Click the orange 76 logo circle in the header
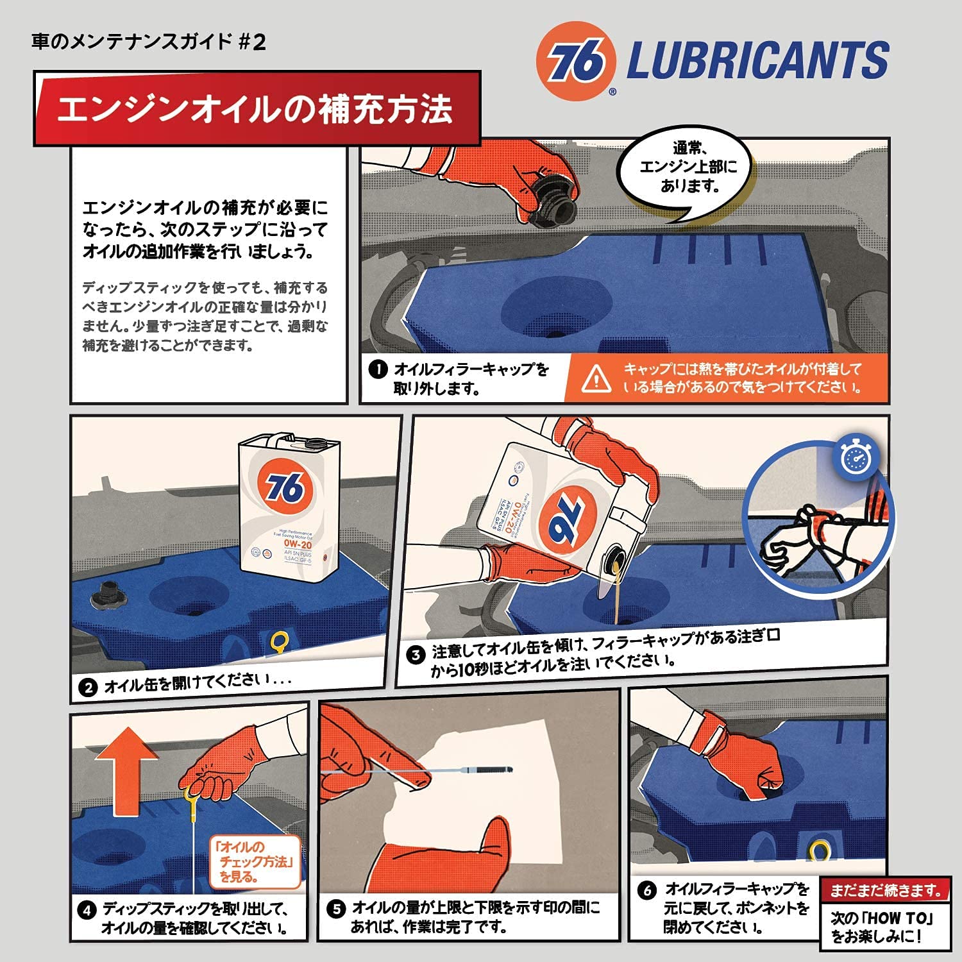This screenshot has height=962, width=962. (x=576, y=61)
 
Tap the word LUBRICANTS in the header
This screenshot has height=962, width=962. (x=757, y=60)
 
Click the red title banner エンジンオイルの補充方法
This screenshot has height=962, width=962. (x=257, y=108)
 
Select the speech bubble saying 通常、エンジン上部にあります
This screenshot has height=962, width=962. (x=688, y=167)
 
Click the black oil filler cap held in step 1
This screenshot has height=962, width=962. (x=552, y=199)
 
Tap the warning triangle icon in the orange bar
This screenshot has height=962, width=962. (x=596, y=378)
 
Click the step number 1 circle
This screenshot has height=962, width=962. (x=378, y=369)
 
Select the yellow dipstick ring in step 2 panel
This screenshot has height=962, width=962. (x=280, y=641)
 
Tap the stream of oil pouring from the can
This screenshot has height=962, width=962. (x=616, y=593)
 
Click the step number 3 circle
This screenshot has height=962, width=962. (x=416, y=655)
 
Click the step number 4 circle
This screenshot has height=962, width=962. (x=87, y=911)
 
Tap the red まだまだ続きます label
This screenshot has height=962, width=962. (x=885, y=890)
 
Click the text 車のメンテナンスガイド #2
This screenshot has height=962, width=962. (x=148, y=42)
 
